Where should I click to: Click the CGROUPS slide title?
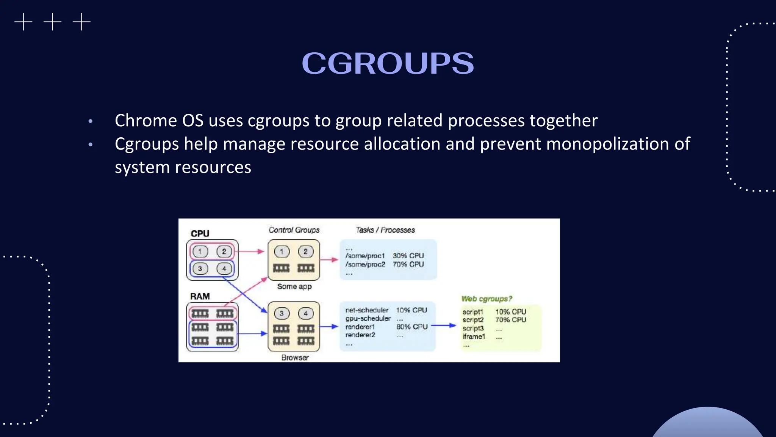coord(388,63)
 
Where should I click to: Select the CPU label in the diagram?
coord(200,233)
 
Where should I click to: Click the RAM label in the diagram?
coord(200,296)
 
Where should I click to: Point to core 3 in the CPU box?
coord(200,269)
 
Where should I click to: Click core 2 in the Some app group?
coord(305,252)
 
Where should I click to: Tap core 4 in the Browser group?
coord(305,313)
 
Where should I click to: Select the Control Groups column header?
coord(294,230)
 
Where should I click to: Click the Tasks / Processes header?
coord(385,230)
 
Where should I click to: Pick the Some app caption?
coord(294,286)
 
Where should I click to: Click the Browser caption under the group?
coord(295,357)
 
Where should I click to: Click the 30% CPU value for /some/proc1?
coord(408,256)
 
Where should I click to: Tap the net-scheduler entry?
coord(366,310)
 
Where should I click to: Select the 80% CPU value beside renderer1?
coord(412,327)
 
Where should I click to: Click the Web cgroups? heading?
coord(487,299)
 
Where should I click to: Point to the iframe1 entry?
coord(474,336)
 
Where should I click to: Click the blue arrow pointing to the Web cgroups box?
coord(443,325)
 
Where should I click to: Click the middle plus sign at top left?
coord(52,22)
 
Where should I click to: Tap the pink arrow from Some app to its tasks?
coord(329,260)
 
